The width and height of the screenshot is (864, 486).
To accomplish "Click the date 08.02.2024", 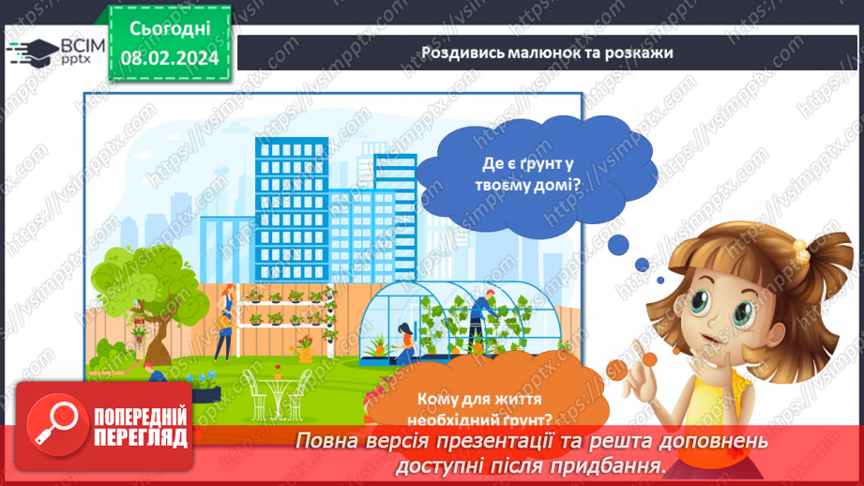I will point(169,56).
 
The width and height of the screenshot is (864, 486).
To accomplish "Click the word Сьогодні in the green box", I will point(169,30).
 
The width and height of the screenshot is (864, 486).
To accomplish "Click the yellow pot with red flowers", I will point(305,353).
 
